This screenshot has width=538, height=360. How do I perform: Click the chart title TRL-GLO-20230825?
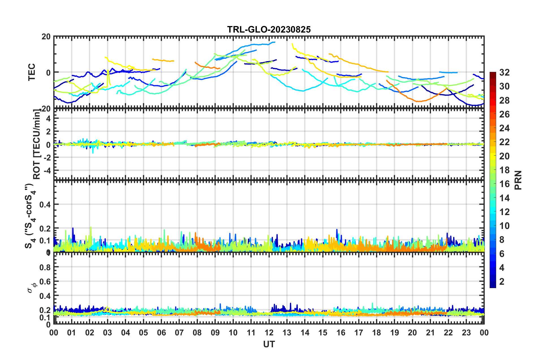(269, 29)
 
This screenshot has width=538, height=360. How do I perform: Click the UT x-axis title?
(269, 344)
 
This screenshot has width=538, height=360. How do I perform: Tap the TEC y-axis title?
(32, 72)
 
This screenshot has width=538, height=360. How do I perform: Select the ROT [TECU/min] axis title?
(37, 144)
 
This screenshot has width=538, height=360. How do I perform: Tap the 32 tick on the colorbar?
(504, 72)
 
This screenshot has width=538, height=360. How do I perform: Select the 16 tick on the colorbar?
(504, 184)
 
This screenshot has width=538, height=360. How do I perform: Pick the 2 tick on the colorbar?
(502, 281)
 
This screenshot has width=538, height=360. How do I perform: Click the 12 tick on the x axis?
(269, 333)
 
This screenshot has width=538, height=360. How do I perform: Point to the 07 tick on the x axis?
(179, 333)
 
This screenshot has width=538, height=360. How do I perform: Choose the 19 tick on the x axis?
(394, 333)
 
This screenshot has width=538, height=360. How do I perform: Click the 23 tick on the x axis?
(466, 333)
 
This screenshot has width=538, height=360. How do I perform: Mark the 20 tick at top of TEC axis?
(46, 37)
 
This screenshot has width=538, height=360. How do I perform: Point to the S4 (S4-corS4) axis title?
(29, 216)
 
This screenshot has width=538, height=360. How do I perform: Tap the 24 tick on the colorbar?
(504, 128)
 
